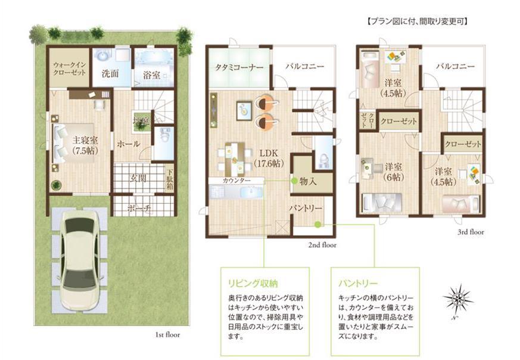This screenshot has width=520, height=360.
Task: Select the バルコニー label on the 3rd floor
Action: (x=456, y=67)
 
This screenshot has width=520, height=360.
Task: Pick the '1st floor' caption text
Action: (x=172, y=335)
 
